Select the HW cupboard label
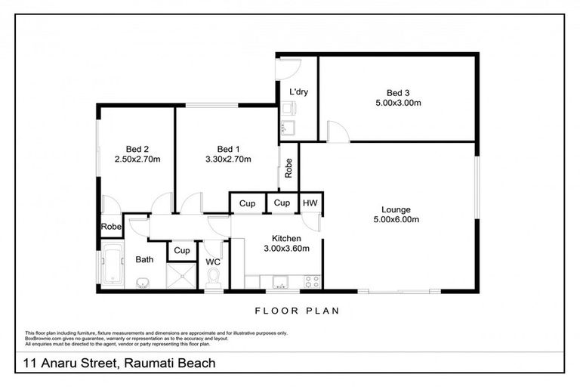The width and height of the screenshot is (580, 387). (310, 203)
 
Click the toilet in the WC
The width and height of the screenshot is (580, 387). (213, 276)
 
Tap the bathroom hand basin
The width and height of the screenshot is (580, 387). (143, 283)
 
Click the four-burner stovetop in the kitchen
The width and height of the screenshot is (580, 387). (310, 283)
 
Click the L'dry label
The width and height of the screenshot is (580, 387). (298, 92)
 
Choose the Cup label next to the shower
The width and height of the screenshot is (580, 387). (181, 250)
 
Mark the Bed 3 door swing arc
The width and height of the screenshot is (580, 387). (338, 132)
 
